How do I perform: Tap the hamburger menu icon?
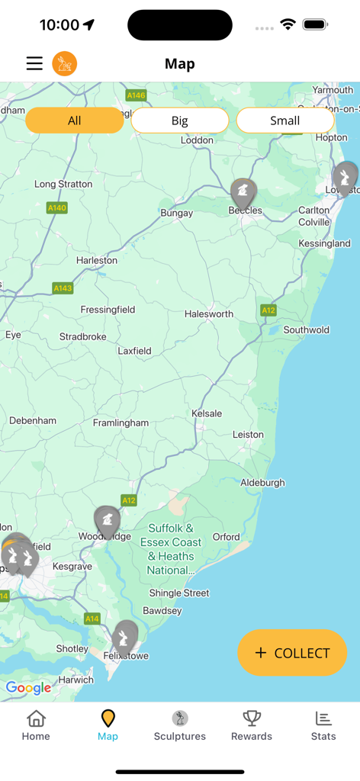click(34, 63)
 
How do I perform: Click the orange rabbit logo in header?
click(65, 63)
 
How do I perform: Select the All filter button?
click(74, 121)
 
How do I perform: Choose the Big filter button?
click(180, 121)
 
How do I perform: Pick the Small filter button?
click(284, 121)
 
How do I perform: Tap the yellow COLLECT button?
click(292, 653)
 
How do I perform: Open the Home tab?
click(36, 725)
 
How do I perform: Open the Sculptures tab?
click(180, 725)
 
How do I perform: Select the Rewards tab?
click(252, 725)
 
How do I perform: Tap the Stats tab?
click(323, 725)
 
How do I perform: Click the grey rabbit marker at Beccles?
click(243, 191)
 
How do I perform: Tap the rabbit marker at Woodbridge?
click(108, 521)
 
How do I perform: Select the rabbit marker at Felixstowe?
click(125, 635)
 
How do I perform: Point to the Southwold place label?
click(307, 330)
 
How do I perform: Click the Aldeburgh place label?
click(262, 483)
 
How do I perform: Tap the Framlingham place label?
click(121, 423)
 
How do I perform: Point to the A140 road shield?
click(57, 207)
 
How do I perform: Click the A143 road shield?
click(63, 288)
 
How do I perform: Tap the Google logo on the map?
click(29, 688)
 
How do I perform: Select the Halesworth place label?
click(209, 314)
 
